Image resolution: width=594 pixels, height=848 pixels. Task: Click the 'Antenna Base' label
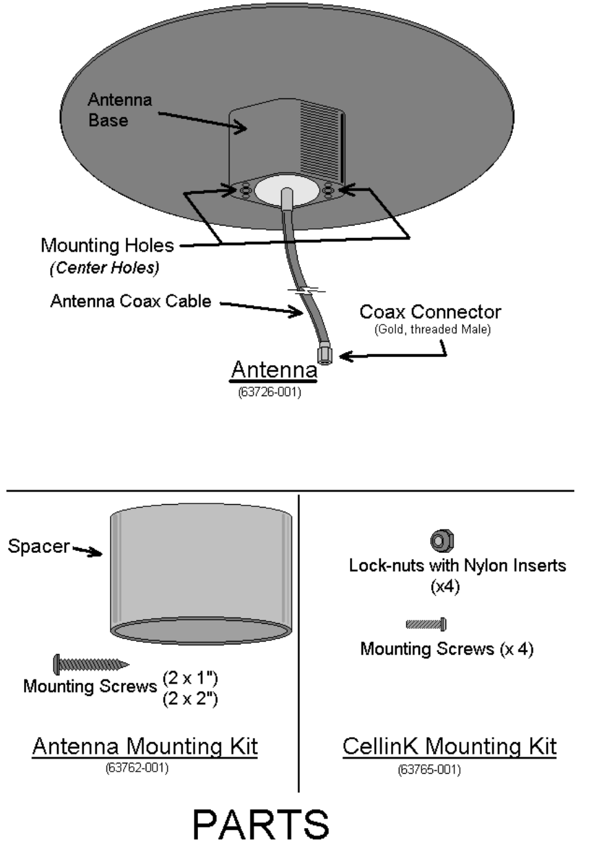click(x=120, y=111)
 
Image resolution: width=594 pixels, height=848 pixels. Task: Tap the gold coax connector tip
click(x=324, y=356)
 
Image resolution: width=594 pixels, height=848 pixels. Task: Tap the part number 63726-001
click(x=274, y=394)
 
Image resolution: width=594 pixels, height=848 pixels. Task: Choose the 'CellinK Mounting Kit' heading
click(x=450, y=748)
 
